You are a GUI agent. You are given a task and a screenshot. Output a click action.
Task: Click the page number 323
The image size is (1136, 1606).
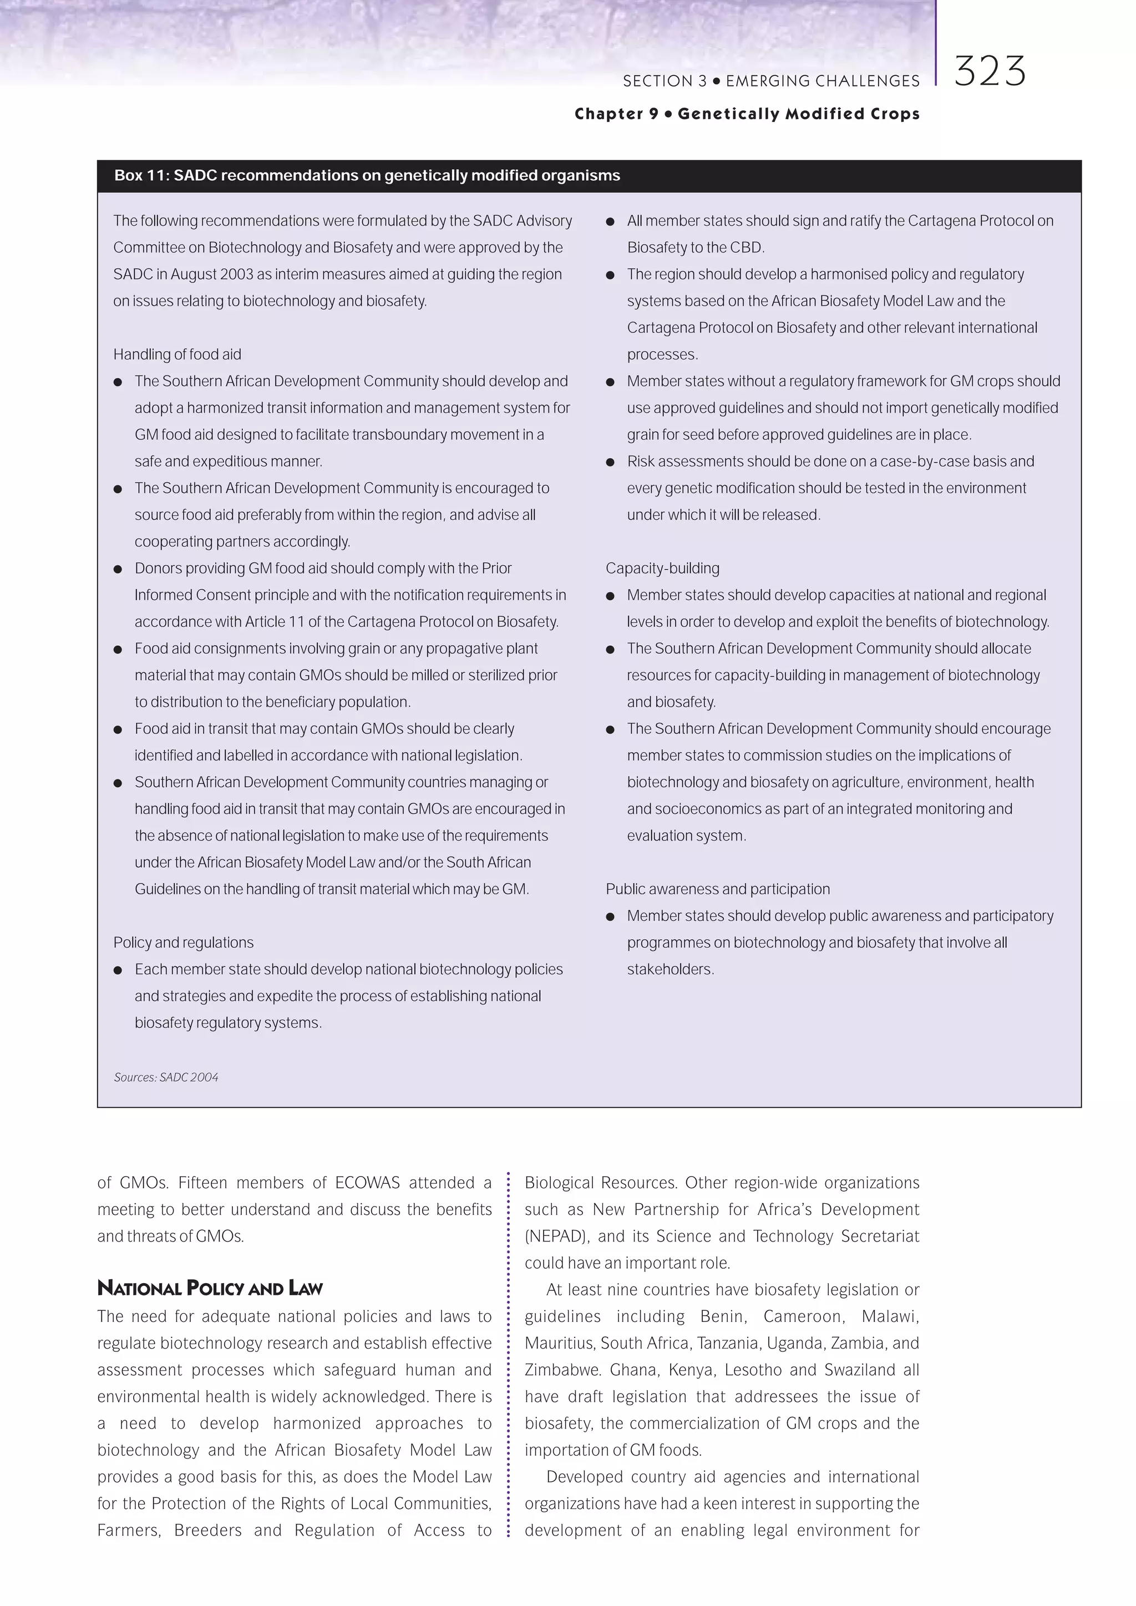tap(989, 72)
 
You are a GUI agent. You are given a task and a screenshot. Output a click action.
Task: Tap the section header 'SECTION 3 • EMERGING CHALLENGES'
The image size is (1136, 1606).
tap(771, 81)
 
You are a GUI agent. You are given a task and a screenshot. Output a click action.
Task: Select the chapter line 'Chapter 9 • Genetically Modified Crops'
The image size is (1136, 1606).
tap(747, 114)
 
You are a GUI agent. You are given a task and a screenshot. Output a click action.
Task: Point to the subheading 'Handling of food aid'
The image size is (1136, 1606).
tap(177, 354)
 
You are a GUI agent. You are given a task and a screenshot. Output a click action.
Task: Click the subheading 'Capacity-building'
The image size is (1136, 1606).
tap(662, 569)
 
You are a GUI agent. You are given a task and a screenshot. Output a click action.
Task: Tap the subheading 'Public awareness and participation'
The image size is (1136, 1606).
tap(717, 889)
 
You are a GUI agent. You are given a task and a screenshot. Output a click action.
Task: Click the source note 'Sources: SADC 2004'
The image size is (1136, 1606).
tap(166, 1077)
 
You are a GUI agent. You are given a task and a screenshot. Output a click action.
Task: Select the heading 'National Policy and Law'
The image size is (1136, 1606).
tap(210, 1288)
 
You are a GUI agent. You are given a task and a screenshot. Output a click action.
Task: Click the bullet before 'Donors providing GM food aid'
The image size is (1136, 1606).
tap(118, 569)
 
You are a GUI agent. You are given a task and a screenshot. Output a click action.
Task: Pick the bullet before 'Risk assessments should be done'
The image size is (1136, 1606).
tap(610, 462)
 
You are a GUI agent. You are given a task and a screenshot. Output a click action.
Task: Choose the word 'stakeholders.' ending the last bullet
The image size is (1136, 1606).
tap(670, 970)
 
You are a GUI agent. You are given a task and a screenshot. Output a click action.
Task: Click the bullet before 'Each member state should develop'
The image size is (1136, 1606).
tap(118, 970)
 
